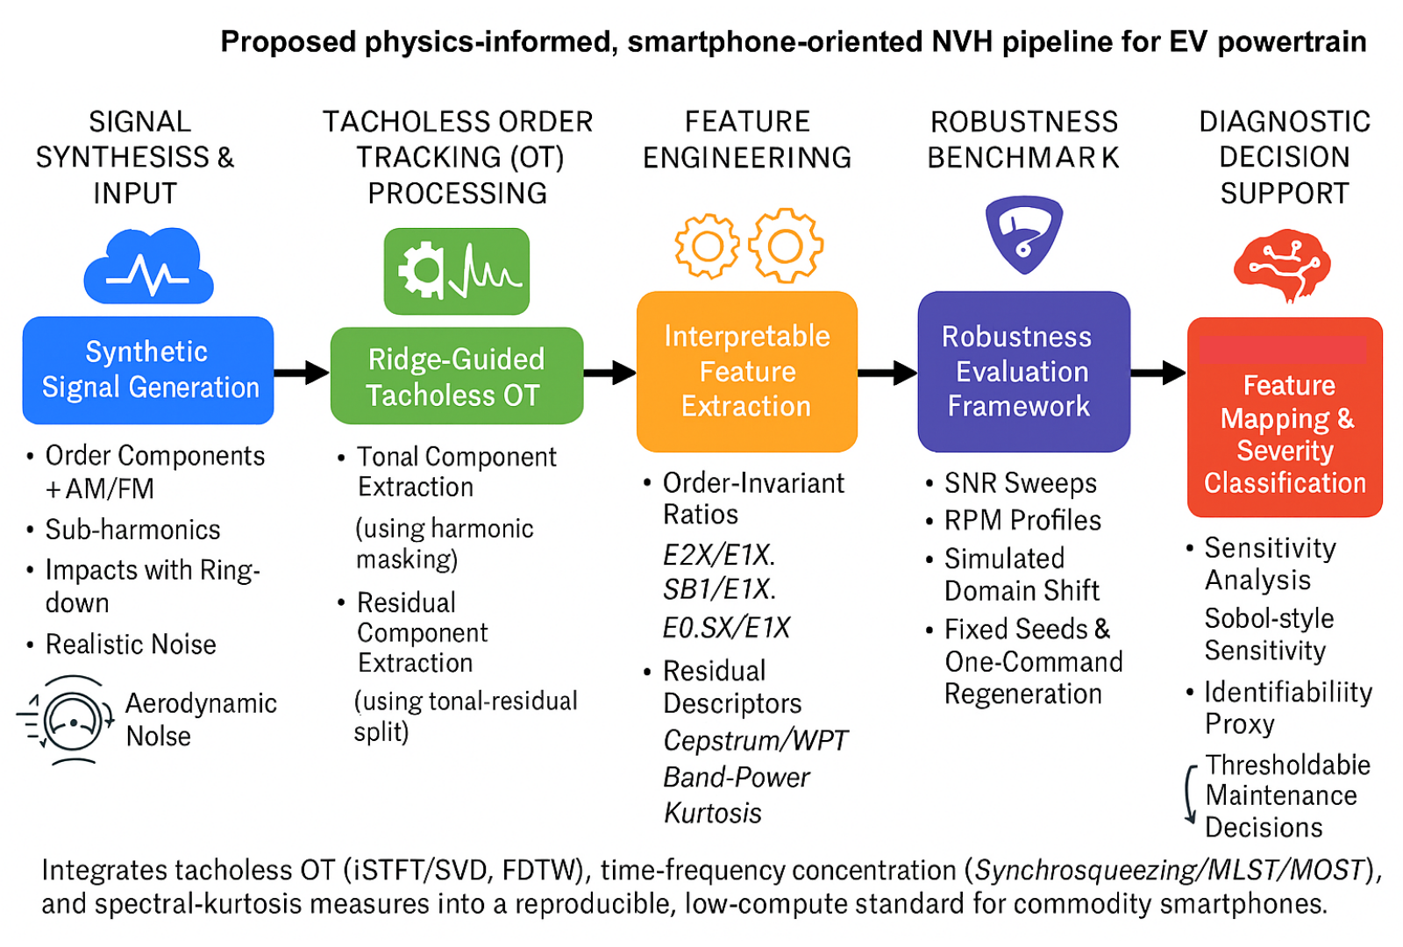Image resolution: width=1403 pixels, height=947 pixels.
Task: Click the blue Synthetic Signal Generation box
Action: point(148,370)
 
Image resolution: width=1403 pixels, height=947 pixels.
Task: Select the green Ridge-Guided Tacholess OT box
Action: point(456,376)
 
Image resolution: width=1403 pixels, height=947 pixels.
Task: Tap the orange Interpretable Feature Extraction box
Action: point(746,371)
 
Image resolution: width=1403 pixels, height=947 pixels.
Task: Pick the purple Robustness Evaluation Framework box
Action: point(1023,371)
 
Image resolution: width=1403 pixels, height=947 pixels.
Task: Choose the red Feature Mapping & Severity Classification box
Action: point(1285,418)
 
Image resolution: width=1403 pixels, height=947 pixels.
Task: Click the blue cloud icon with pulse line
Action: point(149,267)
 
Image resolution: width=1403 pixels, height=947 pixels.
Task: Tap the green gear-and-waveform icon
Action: point(456,271)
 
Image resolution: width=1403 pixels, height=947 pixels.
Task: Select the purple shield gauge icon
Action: point(1023,233)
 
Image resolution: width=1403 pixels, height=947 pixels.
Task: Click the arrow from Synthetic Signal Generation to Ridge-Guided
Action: point(302,373)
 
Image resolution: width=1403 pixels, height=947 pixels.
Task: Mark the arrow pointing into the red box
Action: point(1158,373)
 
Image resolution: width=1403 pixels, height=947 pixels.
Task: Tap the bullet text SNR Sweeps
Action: point(1020,483)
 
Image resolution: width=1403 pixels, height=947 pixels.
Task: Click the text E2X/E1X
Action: point(719,555)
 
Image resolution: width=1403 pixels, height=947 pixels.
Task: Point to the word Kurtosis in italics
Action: point(713,814)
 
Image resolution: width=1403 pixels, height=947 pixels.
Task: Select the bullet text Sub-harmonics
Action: point(132,530)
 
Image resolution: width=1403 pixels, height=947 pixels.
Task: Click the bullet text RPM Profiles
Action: point(1022,521)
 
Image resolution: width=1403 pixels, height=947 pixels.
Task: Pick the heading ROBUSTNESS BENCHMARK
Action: point(1023,139)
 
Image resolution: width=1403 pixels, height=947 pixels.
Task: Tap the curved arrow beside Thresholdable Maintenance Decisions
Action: point(1190,794)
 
